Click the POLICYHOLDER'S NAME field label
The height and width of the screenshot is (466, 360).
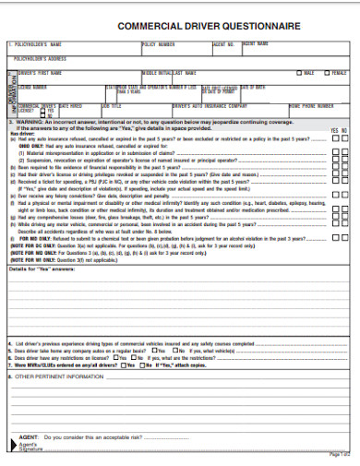coord(37,43)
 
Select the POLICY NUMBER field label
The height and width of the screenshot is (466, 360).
coord(158,43)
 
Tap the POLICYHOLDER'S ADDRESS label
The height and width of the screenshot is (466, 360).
coord(42,57)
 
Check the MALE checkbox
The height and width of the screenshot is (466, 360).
coord(298,72)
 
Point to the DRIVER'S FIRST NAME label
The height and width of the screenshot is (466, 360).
coord(40,72)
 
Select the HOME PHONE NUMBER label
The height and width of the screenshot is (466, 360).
coord(312,106)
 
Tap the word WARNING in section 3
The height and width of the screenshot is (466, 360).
coord(30,121)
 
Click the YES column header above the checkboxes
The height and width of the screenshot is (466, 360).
coord(334,131)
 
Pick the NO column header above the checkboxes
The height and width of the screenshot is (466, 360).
coord(344,131)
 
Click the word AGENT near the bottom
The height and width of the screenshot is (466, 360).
coord(28,436)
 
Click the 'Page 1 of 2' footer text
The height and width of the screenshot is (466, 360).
coord(340,455)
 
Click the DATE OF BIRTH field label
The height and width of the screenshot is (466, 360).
coord(253,87)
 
